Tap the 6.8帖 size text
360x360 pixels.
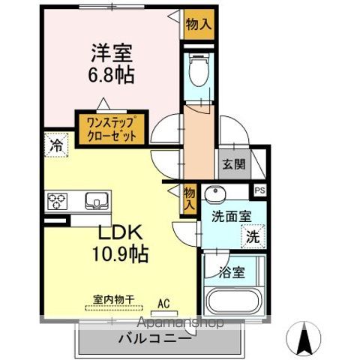tap(113, 75)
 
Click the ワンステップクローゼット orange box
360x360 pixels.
tap(111, 128)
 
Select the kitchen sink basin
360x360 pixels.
tap(97, 199)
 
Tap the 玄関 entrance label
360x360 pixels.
tap(231, 164)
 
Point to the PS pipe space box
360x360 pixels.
tap(259, 190)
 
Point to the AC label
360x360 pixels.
tap(163, 304)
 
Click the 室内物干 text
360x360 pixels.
tap(112, 299)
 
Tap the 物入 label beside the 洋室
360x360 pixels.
tap(199, 23)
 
